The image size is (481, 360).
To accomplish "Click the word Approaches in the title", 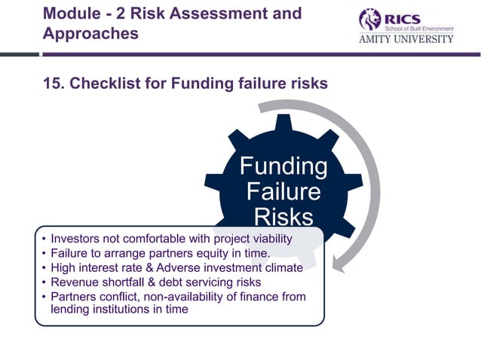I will [91, 34].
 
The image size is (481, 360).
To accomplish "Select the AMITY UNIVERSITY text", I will [406, 38].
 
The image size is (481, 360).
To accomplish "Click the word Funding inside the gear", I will [283, 166].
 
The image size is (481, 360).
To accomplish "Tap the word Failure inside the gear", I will [283, 191].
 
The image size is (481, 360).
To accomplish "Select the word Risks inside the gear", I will [283, 217].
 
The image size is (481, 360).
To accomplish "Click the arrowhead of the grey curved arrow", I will [338, 264].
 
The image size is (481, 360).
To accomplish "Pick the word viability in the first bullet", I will [268, 239].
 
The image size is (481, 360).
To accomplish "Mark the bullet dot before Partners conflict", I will [44, 296].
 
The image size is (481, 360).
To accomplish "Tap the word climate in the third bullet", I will [282, 267].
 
